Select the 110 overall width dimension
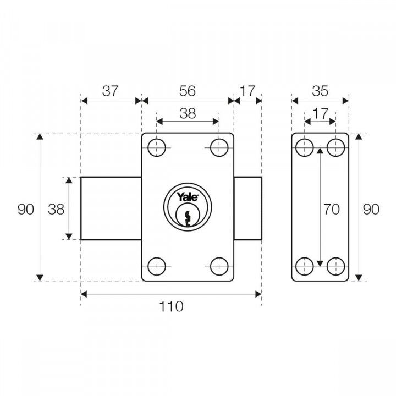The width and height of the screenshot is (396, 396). (171, 307)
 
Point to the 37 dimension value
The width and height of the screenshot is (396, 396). (110, 91)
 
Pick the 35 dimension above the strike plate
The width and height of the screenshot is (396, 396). (320, 91)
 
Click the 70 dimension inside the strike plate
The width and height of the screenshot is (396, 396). (332, 209)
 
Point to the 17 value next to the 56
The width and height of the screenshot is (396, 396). (248, 91)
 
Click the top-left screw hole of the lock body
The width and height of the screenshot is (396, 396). (157, 147)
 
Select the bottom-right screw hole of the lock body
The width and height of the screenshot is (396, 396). (219, 267)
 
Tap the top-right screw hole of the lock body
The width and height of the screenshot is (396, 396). (219, 147)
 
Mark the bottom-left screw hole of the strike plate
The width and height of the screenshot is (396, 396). (304, 267)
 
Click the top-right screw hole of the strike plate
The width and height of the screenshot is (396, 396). (335, 147)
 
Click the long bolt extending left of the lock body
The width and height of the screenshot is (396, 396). (111, 208)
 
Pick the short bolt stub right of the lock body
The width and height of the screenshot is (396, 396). (248, 208)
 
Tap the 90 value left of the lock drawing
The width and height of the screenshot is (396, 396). (26, 209)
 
